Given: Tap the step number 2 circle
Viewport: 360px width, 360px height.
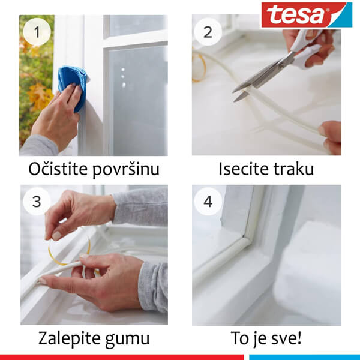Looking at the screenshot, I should click(208, 32).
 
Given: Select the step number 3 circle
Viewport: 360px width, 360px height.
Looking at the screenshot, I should click(37, 202).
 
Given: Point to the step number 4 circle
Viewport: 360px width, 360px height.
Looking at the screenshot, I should click(208, 202).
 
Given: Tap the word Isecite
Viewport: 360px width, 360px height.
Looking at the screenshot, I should click(243, 170).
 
